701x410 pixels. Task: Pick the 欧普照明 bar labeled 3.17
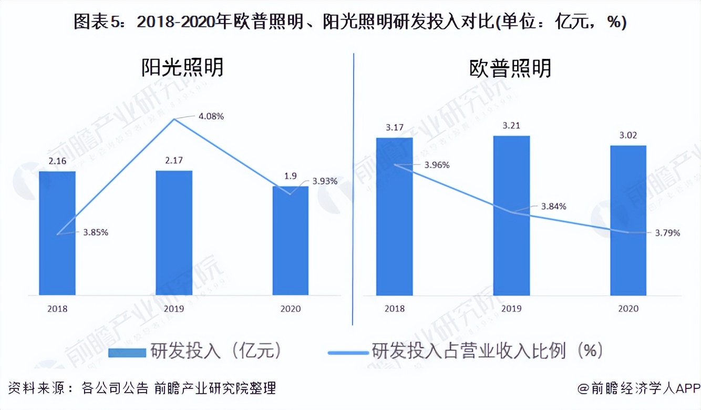[x=395, y=216]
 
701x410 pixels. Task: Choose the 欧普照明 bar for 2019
[x=512, y=216]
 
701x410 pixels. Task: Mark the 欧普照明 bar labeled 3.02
[x=628, y=220]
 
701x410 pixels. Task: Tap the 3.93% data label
[x=324, y=181]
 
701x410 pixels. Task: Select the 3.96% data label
[x=436, y=165]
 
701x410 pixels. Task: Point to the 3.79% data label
[x=666, y=232]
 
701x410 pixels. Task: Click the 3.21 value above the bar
[x=511, y=126]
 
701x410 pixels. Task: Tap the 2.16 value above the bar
[x=57, y=161]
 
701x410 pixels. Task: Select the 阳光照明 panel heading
[x=182, y=68]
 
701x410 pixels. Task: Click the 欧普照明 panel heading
[x=510, y=69]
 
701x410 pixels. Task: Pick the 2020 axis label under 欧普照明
[x=628, y=309]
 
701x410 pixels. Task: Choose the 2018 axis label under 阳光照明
[x=57, y=309]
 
